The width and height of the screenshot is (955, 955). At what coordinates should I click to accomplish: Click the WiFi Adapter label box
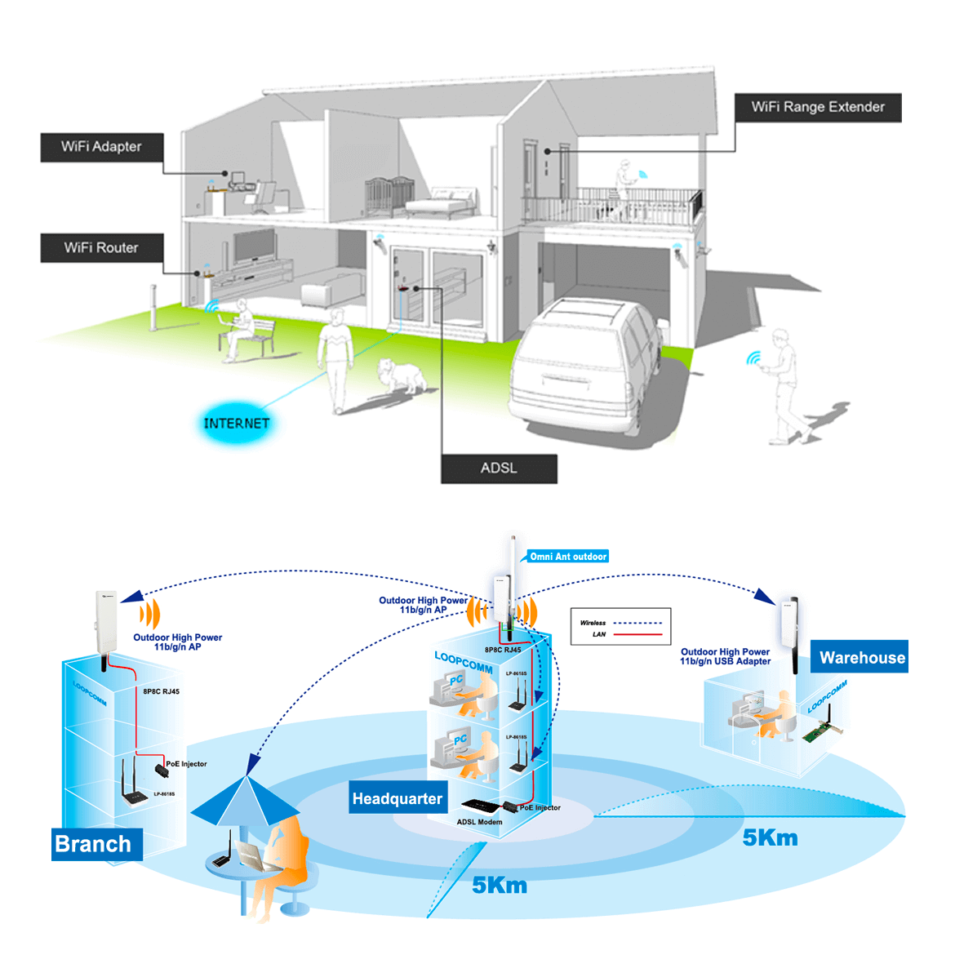tap(102, 147)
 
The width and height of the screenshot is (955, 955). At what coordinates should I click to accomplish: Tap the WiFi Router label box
tap(102, 248)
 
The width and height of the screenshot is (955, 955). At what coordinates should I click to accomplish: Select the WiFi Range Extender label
tap(818, 107)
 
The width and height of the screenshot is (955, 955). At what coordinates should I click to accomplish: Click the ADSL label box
tap(499, 469)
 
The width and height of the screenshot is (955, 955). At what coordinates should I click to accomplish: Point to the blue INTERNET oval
tap(236, 423)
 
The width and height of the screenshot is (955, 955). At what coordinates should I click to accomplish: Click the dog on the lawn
tap(402, 375)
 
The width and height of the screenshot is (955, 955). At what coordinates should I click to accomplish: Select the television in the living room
tap(254, 246)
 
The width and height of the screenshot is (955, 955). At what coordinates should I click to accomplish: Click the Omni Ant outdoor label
tap(568, 557)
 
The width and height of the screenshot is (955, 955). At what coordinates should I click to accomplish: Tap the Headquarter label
tap(398, 798)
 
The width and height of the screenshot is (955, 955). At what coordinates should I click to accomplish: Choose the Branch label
tap(93, 844)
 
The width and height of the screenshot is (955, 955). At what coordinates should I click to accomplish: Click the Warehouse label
tap(861, 658)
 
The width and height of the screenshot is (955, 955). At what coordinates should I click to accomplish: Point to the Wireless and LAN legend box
tap(620, 628)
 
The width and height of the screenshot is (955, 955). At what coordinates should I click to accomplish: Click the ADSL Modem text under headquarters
tap(479, 822)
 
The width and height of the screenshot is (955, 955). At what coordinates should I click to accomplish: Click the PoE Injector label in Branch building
tap(186, 764)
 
